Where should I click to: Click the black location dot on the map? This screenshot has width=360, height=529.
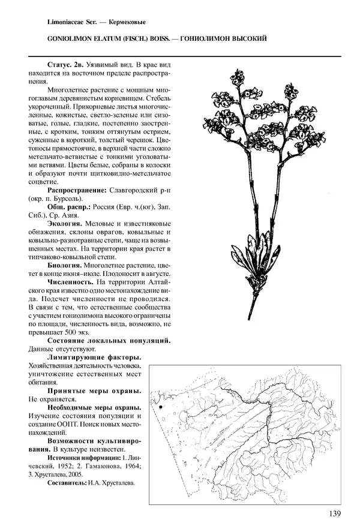(x=161, y=408)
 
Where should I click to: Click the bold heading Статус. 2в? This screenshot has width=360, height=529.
(x=67, y=64)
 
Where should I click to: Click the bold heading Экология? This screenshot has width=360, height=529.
(x=64, y=224)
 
